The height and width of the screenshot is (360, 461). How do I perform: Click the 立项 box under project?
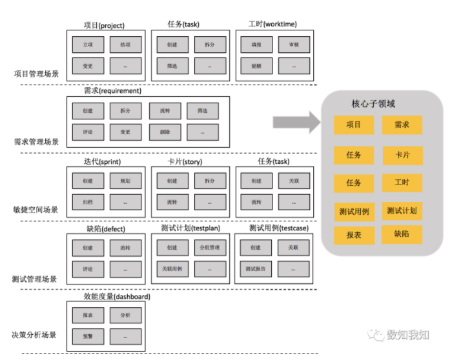pos(88,46)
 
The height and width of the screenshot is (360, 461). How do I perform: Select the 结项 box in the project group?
pos(125,46)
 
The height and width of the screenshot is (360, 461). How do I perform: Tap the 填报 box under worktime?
pos(256,46)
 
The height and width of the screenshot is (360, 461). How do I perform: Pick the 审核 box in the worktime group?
pos(294,46)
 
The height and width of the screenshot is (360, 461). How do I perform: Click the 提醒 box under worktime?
pos(256,66)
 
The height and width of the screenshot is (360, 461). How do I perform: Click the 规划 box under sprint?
pos(125,181)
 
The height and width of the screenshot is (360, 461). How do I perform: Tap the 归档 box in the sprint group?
pos(88,202)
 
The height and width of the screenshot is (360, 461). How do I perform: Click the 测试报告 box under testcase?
pos(256,268)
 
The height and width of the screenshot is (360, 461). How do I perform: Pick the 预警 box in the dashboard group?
pos(88,335)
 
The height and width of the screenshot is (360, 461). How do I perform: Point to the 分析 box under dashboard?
pos(125,315)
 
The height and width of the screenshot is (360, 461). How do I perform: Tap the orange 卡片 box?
pos(402,155)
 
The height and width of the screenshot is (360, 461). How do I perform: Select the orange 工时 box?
pos(402,183)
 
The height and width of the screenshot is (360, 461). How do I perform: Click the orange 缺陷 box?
pos(402,234)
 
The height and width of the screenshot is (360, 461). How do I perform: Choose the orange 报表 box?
pos(354,235)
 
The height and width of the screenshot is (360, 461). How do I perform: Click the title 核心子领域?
pos(373,104)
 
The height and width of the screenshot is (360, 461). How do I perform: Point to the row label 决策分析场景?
pos(34,335)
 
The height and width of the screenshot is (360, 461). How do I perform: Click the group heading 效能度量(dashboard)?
pos(117,297)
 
